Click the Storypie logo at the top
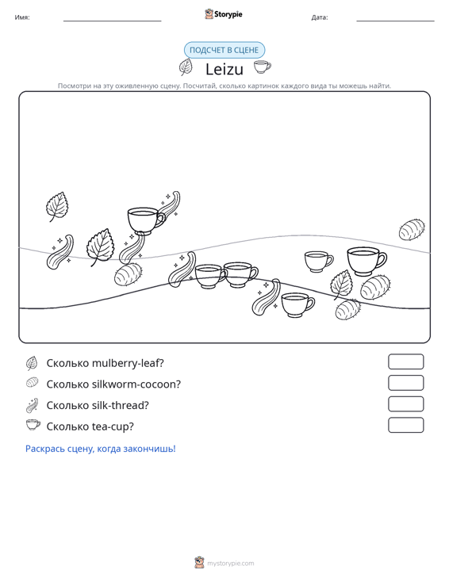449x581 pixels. [224, 14]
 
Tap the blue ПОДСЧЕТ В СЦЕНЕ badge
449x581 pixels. [224, 50]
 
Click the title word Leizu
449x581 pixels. [224, 69]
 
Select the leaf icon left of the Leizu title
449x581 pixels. [186, 67]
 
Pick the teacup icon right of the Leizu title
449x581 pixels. [262, 67]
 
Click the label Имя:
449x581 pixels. [22, 17]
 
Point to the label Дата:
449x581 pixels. [320, 17]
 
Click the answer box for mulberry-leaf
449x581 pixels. [405, 361]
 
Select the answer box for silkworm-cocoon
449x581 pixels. [405, 383]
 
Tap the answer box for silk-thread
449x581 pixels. [405, 404]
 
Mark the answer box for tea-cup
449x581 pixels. [405, 425]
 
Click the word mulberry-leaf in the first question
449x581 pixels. [128, 363]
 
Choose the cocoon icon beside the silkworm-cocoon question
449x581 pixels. [33, 382]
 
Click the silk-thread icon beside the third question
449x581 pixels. [32, 405]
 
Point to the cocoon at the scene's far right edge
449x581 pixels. [412, 229]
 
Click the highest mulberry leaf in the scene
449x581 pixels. [57, 206]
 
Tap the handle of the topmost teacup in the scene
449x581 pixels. [161, 220]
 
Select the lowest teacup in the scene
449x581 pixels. [297, 305]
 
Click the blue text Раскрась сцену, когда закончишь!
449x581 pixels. [101, 449]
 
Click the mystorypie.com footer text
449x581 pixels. [230, 564]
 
